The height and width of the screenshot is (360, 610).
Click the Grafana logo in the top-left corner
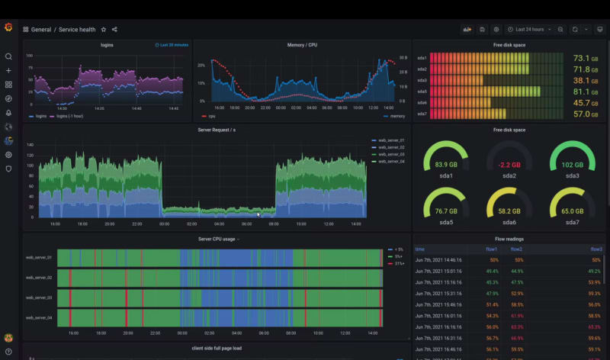pyautogui.click(x=8, y=28)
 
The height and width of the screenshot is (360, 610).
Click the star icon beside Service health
pyautogui.click(x=104, y=30)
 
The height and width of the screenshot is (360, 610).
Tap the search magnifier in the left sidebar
pyautogui.click(x=8, y=56)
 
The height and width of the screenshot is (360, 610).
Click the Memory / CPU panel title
pyautogui.click(x=302, y=45)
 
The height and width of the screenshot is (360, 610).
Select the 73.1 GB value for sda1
pyautogui.click(x=581, y=58)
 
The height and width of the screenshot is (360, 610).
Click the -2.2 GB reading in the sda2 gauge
pyautogui.click(x=509, y=165)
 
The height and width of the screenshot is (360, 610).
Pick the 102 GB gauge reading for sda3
pyautogui.click(x=572, y=165)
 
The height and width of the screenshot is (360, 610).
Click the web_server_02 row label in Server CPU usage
pyautogui.click(x=38, y=278)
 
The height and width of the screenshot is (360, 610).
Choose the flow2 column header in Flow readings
pyautogui.click(x=516, y=249)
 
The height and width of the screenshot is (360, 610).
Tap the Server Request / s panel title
pyautogui.click(x=217, y=130)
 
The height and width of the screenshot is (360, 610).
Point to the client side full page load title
pyautogui.click(x=217, y=348)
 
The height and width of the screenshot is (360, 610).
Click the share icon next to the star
pyautogui.click(x=114, y=30)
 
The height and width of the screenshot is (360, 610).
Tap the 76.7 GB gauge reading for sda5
pyautogui.click(x=445, y=211)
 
